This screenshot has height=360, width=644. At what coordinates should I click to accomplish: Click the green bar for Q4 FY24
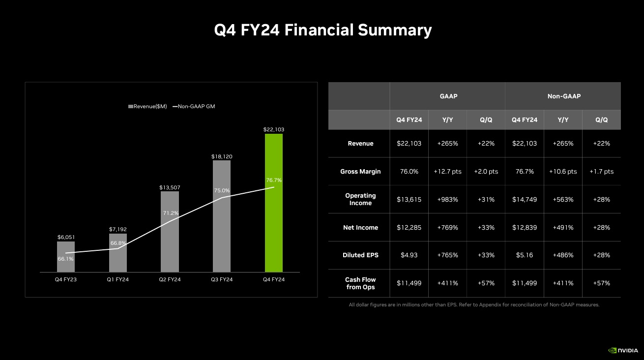[273, 203]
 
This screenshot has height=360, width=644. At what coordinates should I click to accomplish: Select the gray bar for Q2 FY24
[170, 232]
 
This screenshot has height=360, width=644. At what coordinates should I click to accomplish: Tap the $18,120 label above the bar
[222, 156]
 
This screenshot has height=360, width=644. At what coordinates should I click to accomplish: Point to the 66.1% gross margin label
[65, 259]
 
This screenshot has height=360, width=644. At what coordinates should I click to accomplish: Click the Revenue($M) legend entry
[147, 106]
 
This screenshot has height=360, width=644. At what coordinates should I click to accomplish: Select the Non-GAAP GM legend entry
[194, 106]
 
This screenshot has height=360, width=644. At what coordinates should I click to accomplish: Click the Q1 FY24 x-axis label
[118, 279]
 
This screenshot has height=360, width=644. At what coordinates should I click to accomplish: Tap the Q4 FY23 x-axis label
[66, 279]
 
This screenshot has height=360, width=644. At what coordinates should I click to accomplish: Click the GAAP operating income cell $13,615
[409, 199]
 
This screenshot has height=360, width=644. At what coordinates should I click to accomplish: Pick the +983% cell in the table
[447, 199]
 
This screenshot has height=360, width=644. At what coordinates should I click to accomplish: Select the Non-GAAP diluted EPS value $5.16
[525, 255]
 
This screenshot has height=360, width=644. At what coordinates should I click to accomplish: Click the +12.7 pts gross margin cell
[447, 171]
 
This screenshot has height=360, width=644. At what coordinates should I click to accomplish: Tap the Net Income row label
[360, 227]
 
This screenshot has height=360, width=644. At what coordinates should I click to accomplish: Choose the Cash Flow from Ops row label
[360, 283]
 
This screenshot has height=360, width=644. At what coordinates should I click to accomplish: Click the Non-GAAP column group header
[564, 96]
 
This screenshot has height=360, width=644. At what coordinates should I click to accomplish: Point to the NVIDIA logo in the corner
[623, 351]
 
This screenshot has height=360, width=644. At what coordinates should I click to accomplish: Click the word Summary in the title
[395, 30]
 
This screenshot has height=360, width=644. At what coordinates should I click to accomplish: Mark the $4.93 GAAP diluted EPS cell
[409, 255]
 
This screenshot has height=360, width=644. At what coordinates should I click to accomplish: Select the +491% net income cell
[563, 227]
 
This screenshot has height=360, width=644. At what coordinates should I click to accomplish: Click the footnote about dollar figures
[474, 305]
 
